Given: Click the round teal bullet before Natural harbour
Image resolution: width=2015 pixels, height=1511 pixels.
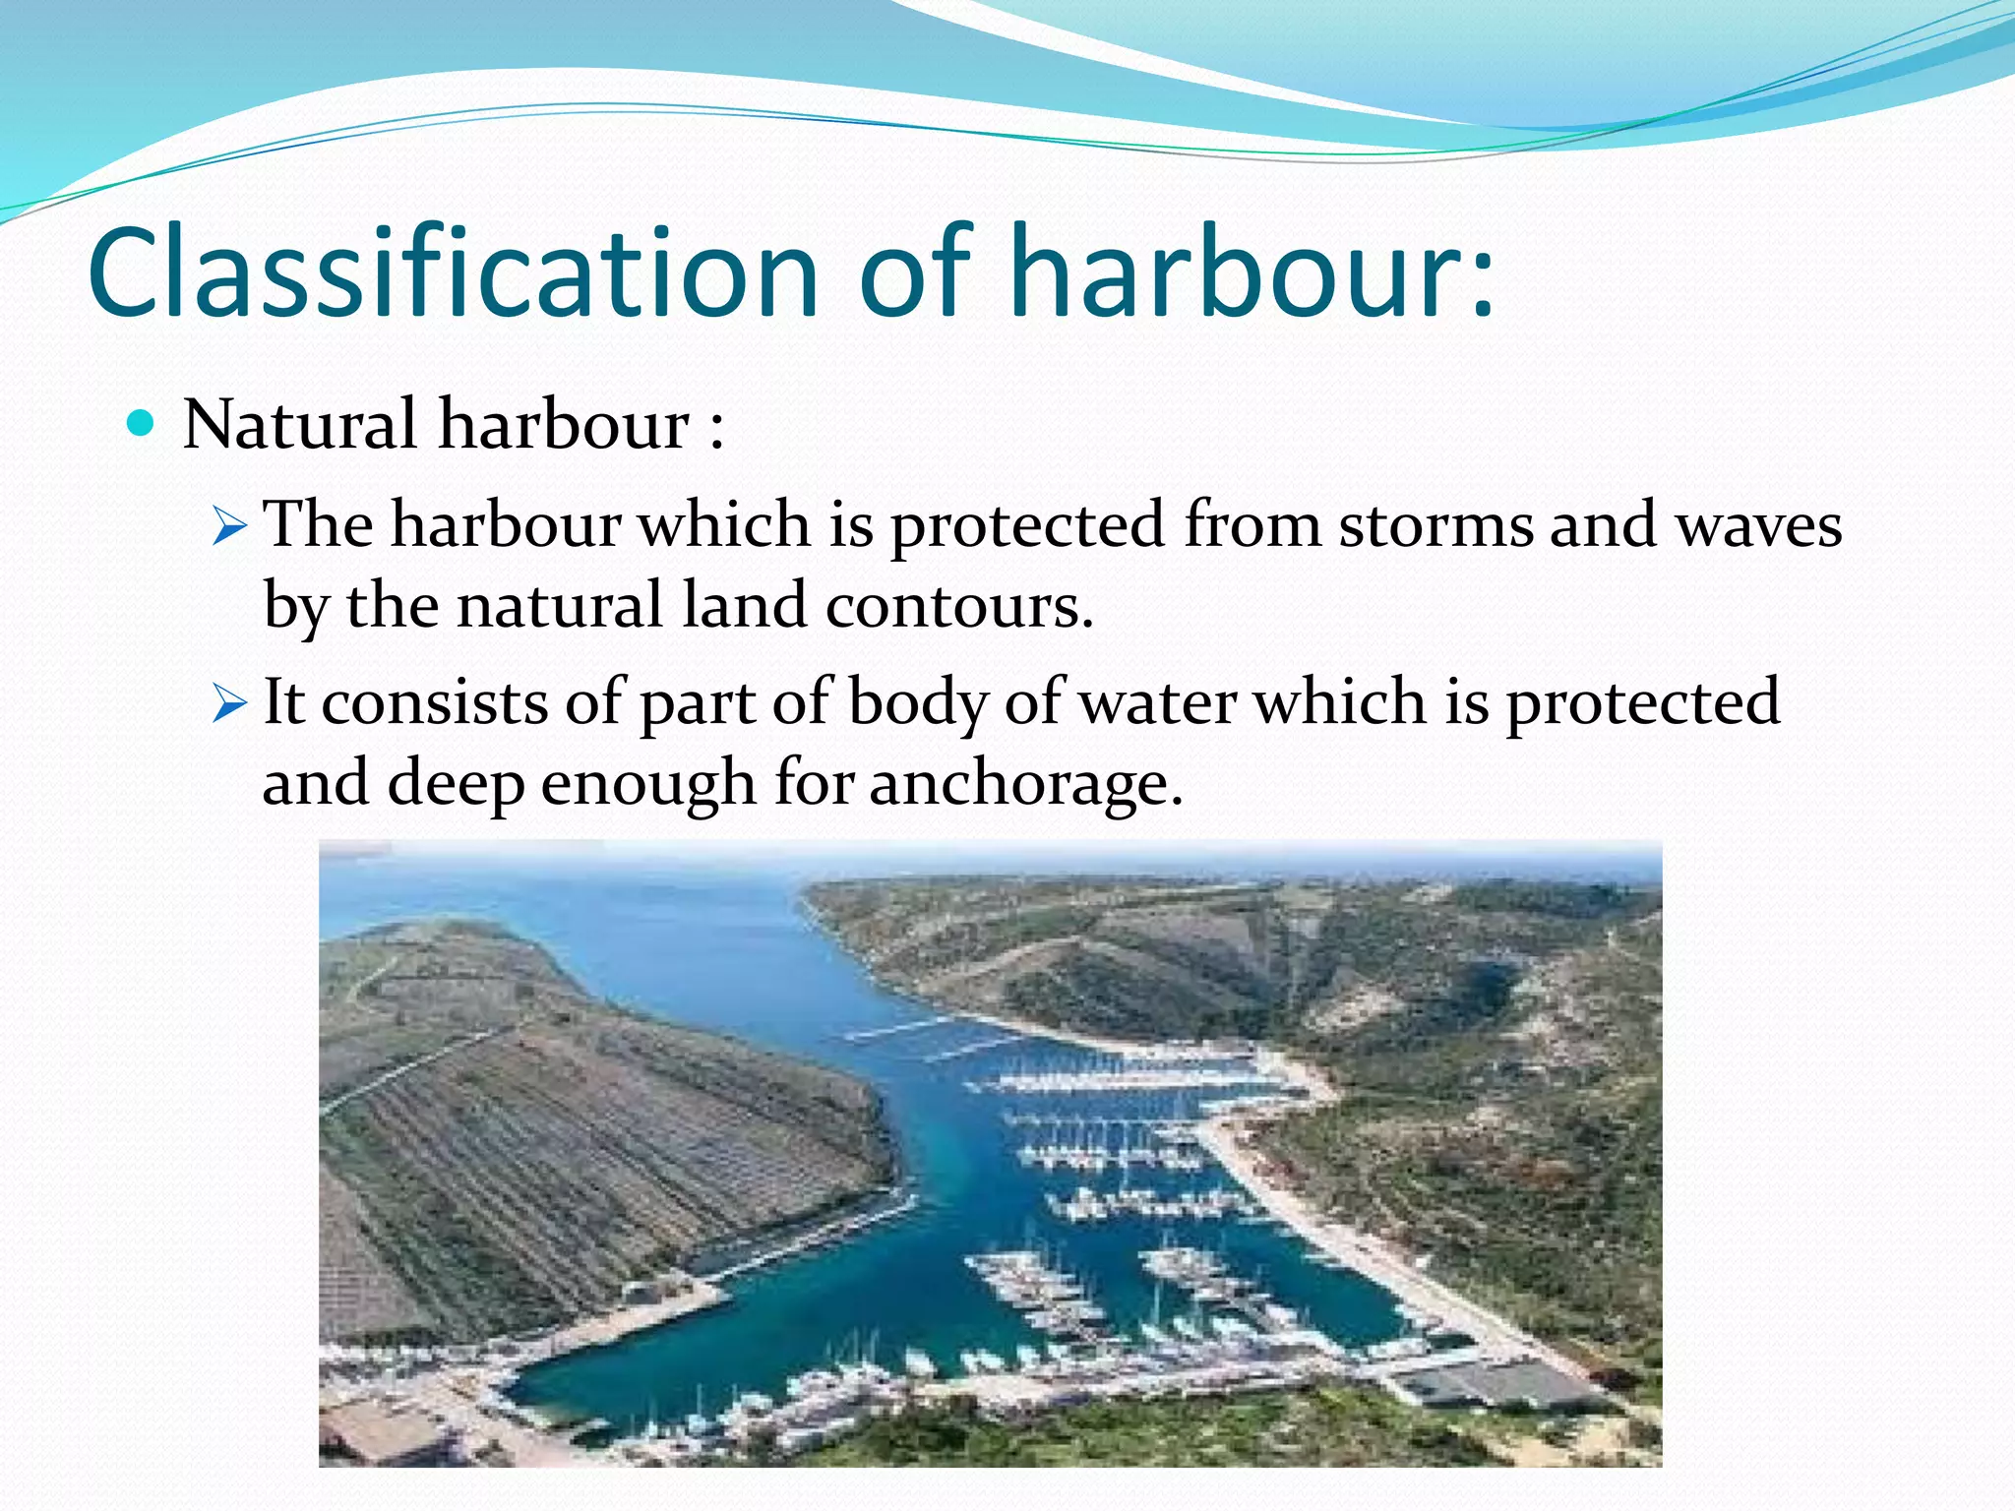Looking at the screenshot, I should pos(142,424).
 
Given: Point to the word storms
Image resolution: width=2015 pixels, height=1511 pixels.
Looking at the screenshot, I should pos(1435,523).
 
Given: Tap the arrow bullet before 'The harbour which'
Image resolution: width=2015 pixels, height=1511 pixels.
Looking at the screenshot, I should pos(228,526).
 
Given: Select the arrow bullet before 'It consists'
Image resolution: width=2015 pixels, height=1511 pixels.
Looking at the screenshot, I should pos(228,704).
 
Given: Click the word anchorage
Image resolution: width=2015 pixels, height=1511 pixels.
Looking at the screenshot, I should pos(1025,783).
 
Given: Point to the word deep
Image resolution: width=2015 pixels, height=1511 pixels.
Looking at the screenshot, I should pos(456,783).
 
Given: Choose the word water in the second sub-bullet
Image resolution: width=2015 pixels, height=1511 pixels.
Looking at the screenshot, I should pos(1157,702).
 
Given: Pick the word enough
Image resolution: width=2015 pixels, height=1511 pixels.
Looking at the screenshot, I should pos(648,783).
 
